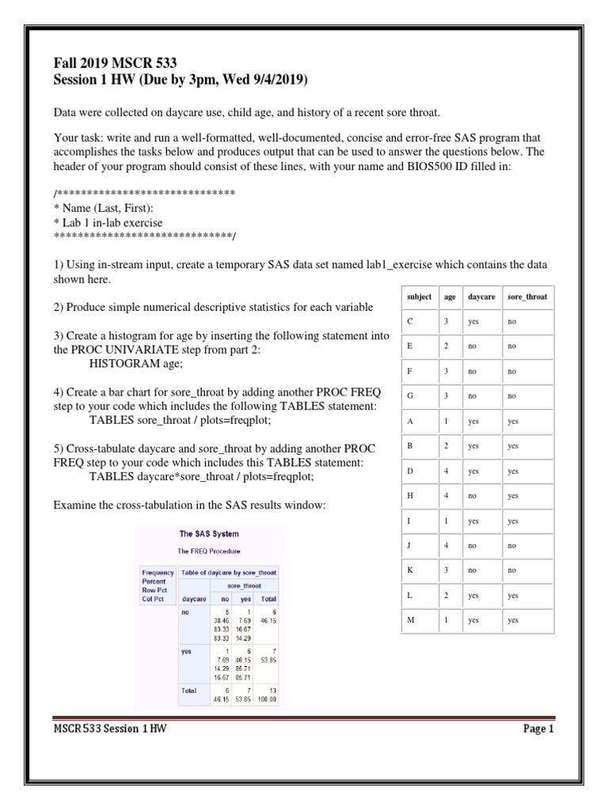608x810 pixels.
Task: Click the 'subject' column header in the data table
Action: [x=419, y=297]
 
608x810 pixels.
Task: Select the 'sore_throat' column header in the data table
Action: [x=527, y=297]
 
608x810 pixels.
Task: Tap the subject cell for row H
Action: [x=409, y=496]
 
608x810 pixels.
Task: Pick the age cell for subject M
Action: [x=447, y=620]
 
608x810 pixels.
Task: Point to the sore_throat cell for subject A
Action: [x=514, y=422]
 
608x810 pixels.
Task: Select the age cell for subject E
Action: [x=447, y=346]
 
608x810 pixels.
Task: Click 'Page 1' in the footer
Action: [x=538, y=729]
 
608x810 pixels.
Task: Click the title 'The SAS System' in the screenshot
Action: [x=208, y=534]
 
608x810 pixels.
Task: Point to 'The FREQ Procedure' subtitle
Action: [x=208, y=551]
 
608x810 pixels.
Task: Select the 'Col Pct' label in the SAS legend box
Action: [x=153, y=600]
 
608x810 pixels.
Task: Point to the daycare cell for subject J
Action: [x=473, y=546]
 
